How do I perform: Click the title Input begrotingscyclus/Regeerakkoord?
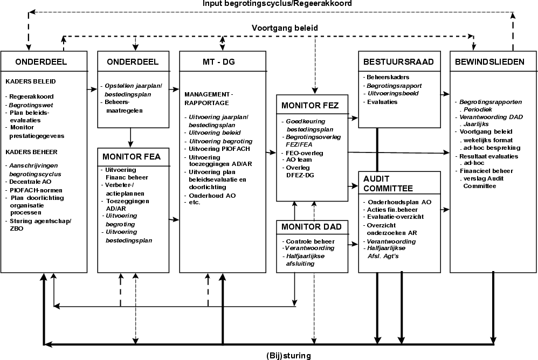click(278, 4)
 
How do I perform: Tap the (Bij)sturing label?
click(288, 355)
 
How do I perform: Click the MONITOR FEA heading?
click(129, 157)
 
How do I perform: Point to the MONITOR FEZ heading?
click(309, 106)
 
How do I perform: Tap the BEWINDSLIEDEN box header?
click(489, 61)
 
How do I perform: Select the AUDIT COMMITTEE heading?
click(388, 183)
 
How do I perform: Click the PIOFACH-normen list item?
click(36, 190)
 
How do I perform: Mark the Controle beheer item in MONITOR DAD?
click(310, 241)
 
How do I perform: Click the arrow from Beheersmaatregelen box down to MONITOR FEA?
click(131, 137)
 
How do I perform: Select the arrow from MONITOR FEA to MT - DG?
click(174, 219)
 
